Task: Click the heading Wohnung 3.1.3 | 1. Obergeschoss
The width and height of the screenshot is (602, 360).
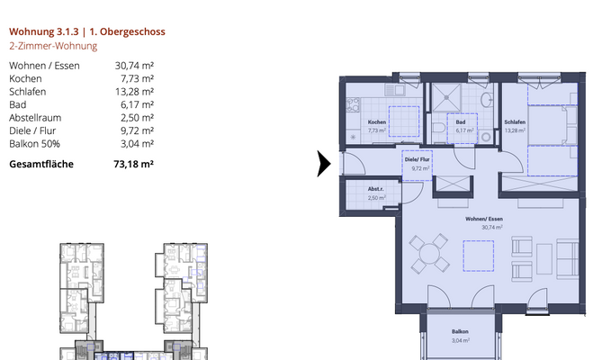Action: tap(87, 31)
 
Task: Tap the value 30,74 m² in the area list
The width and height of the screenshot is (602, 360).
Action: tap(134, 66)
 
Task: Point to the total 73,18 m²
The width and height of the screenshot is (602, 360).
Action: tap(134, 165)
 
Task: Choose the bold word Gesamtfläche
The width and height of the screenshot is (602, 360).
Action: tap(41, 165)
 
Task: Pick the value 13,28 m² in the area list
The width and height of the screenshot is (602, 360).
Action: tap(134, 92)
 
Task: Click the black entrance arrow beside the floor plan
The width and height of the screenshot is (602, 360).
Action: tap(324, 164)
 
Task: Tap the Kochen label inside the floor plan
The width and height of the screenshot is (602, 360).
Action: tap(377, 122)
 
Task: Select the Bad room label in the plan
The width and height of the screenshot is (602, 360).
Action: tap(461, 122)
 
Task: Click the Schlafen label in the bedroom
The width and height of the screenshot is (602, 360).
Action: tap(515, 122)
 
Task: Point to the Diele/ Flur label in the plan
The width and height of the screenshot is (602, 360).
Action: tap(418, 159)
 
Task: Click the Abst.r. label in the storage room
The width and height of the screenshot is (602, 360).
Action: tap(376, 189)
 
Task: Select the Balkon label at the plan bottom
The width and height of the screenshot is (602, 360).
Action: tap(460, 332)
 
